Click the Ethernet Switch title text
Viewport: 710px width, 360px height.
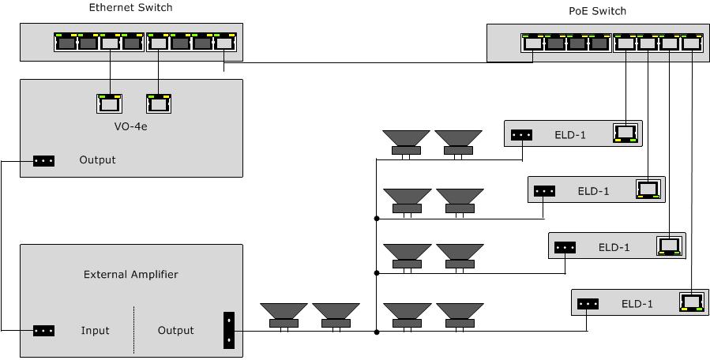point(130,8)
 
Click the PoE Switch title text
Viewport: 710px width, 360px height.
point(597,11)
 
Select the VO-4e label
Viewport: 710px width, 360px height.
point(130,126)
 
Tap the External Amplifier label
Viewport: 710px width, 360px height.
point(130,275)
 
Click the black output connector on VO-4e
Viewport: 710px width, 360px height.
point(43,160)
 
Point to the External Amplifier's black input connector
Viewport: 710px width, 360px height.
point(43,331)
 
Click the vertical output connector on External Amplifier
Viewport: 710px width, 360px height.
point(228,330)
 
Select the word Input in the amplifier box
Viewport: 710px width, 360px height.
point(95,331)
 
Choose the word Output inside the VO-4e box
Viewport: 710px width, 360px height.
point(97,160)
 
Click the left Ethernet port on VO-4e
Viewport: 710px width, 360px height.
point(109,103)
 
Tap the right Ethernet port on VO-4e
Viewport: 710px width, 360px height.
point(159,103)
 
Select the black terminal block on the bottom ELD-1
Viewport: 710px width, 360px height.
point(588,303)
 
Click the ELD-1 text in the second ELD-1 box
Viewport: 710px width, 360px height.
point(593,190)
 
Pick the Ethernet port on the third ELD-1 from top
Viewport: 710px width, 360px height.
point(669,246)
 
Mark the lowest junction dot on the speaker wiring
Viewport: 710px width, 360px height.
point(377,332)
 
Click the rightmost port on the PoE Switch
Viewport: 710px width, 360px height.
point(692,43)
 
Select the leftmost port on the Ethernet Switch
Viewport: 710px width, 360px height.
point(66,43)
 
